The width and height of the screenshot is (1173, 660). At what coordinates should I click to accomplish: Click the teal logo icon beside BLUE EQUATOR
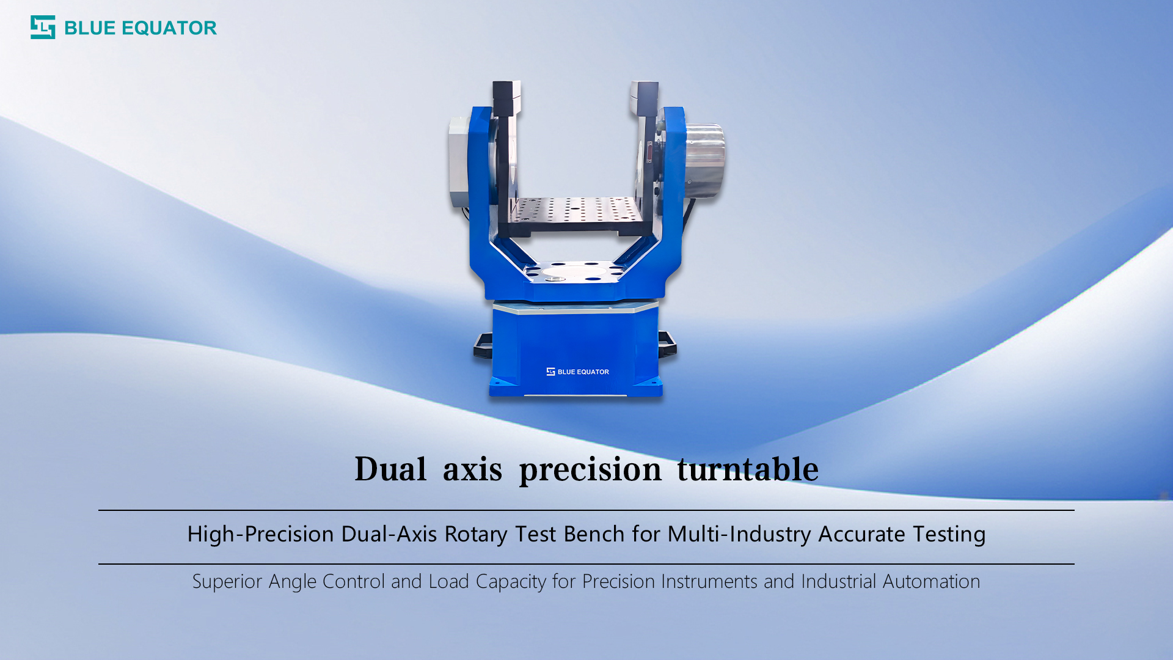43,28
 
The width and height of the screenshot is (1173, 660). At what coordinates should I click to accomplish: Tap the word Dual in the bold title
390,469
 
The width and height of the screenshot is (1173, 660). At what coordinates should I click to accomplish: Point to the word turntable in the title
747,469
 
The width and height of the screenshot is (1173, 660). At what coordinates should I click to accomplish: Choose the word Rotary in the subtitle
476,534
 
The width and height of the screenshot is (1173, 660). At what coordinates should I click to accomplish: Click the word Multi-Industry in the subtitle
739,534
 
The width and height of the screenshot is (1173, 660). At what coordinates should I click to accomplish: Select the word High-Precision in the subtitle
260,534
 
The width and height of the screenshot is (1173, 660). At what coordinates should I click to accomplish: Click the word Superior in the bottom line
227,581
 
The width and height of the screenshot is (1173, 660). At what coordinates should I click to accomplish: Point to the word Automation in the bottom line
931,581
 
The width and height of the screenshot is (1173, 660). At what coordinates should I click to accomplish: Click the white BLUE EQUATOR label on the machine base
577,372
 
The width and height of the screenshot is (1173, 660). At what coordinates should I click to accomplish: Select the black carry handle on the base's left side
483,345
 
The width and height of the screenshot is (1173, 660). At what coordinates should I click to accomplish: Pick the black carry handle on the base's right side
667,343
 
